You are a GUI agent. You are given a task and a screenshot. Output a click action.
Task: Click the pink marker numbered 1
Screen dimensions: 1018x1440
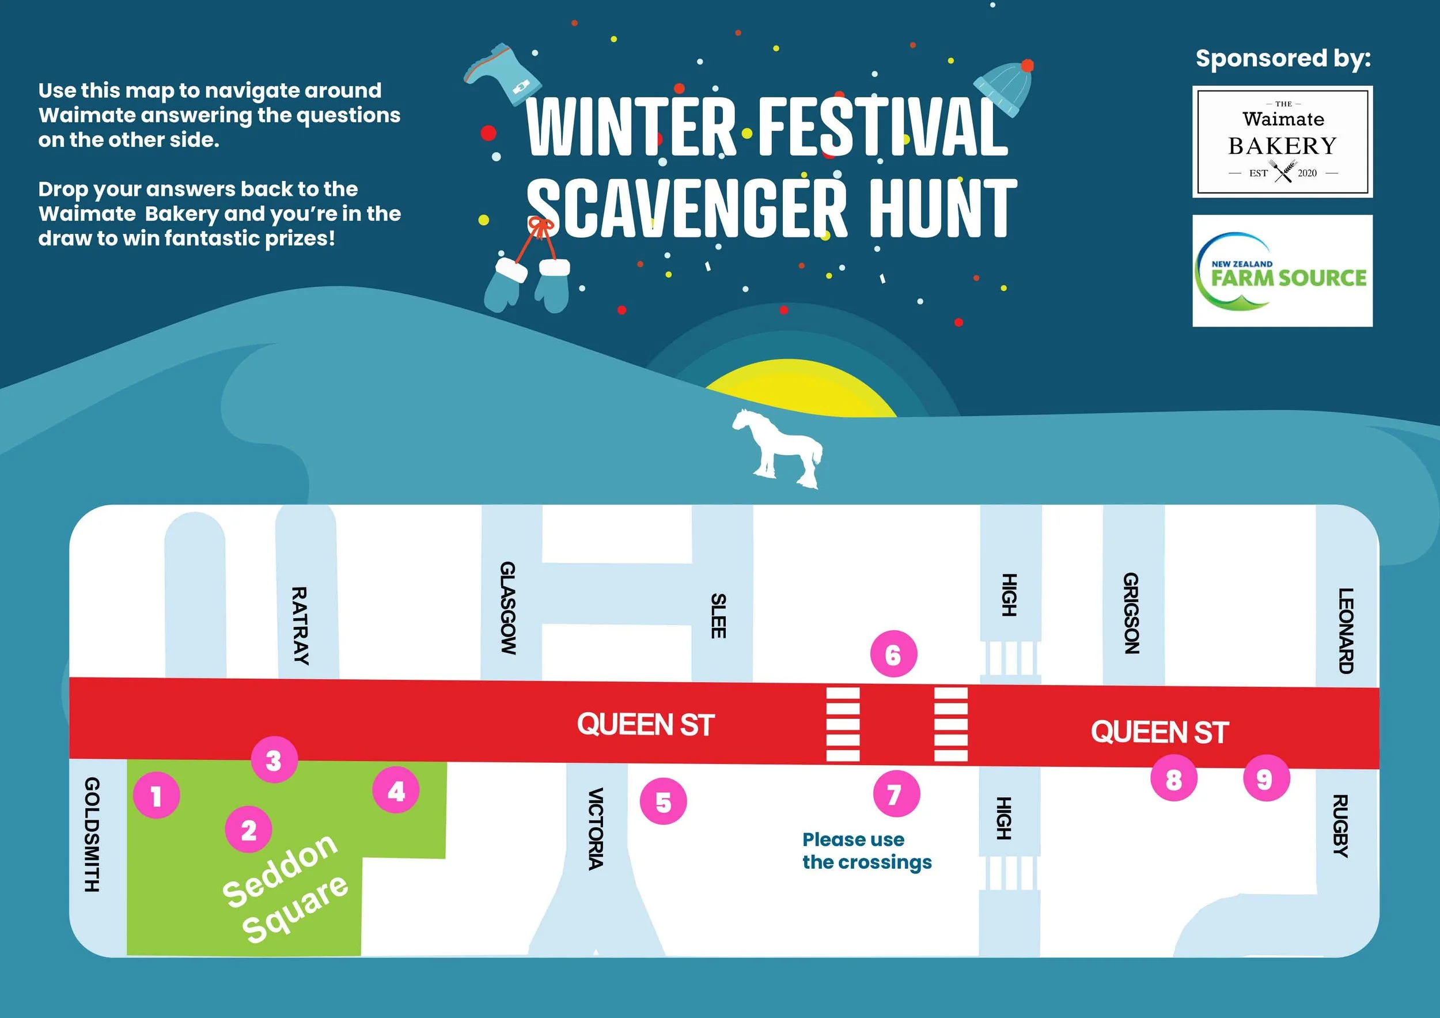156,796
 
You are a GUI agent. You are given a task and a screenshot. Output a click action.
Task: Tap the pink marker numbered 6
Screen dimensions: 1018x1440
893,654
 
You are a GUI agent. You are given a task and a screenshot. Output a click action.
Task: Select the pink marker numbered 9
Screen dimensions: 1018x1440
1265,779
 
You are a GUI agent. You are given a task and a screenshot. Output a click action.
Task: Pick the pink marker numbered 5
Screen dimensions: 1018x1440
663,801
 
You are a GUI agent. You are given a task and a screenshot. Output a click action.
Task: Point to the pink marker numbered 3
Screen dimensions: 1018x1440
274,759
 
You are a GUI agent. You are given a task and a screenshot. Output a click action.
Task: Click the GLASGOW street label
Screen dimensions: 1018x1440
507,608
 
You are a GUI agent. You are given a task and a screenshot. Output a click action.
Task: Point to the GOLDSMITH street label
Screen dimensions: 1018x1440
92,834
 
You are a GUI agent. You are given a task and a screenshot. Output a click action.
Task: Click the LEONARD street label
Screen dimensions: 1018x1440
1346,630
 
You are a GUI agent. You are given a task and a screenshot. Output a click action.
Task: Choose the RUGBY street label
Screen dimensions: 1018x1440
1339,826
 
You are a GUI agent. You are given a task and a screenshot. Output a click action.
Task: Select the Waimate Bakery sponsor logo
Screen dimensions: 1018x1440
1282,142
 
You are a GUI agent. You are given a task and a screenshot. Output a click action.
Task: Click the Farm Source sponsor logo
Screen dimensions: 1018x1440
1282,271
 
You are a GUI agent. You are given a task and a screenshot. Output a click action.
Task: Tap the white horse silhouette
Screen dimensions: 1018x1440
778,448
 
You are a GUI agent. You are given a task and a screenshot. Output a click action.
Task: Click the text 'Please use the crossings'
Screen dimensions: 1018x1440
867,850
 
